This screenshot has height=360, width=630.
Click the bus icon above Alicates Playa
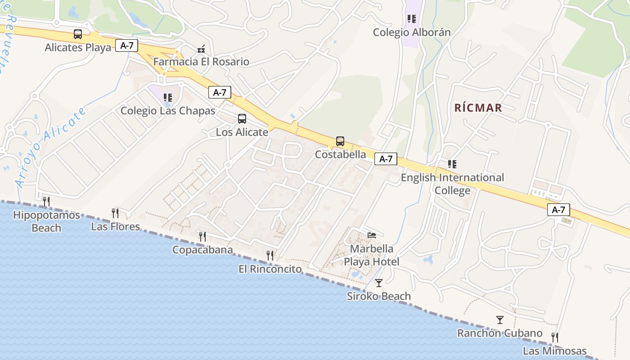78,34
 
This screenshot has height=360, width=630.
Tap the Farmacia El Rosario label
201,62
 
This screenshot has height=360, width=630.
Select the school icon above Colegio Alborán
411,19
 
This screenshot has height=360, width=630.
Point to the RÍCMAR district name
478,108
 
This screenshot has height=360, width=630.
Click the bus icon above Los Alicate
242,119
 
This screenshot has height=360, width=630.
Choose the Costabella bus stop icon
340,141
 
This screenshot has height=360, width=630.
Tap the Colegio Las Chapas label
168,111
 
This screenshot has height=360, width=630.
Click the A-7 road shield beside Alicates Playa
126,45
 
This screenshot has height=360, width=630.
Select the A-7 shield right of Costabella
386,159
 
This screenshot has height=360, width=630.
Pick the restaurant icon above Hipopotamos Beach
46,201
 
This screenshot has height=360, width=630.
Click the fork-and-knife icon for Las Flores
115,213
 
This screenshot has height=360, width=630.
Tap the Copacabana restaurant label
202,250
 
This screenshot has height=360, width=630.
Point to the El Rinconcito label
270,269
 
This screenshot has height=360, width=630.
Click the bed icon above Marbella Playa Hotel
372,235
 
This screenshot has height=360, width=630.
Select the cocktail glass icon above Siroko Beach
379,283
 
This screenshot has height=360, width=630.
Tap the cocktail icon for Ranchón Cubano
500,320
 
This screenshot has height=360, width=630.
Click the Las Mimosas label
554,351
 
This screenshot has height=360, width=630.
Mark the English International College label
452,184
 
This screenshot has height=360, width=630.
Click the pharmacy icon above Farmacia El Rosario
201,49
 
